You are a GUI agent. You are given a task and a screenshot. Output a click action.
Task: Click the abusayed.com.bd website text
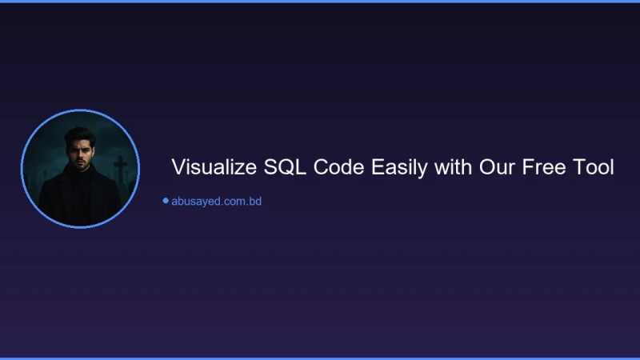pos(216,202)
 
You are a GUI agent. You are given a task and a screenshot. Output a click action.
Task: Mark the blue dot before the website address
pos(166,201)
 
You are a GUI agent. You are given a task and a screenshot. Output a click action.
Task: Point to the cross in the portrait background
pos(120,168)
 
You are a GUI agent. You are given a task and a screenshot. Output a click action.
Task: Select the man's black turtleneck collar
pos(80,174)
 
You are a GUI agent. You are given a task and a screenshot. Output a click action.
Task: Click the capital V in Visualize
pos(178,168)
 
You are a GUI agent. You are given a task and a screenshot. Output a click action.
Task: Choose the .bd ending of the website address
pos(254,202)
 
